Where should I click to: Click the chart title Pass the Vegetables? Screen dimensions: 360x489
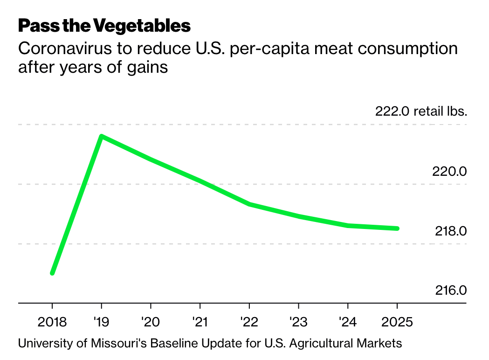[x=104, y=26]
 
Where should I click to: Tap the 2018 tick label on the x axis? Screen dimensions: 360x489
[x=52, y=322]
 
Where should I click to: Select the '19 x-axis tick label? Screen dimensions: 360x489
[x=101, y=322]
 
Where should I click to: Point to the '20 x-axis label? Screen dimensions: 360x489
[x=150, y=322]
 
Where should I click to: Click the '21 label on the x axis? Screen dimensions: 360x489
[x=200, y=322]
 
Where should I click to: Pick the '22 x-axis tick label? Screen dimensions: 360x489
[x=249, y=322]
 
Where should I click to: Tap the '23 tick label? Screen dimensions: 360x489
[x=298, y=322]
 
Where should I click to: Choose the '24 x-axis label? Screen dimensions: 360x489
[x=348, y=322]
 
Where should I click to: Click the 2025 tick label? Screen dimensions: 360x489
[x=397, y=322]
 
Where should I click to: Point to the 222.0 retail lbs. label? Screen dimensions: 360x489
[x=421, y=111]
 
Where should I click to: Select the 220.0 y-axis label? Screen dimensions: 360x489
[x=449, y=171]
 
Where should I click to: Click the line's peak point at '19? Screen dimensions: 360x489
[x=101, y=136]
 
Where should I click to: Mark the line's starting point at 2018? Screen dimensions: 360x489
[x=52, y=273]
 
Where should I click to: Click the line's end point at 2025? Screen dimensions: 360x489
[x=397, y=228]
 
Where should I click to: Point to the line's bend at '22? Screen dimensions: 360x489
[x=249, y=204]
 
